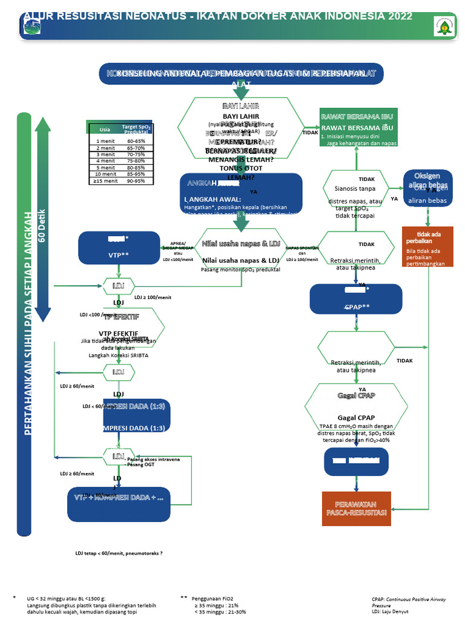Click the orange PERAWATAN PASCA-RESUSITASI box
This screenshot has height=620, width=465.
[x=357, y=509]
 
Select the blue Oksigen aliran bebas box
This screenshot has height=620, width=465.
[x=427, y=188]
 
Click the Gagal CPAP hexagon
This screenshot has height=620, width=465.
[x=357, y=413]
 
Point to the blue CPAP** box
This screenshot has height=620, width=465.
[x=356, y=299]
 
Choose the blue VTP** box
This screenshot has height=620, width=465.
[x=119, y=248]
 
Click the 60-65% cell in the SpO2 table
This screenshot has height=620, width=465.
[x=136, y=141]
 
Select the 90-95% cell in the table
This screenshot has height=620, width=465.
[x=136, y=181]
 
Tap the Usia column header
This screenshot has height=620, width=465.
[x=105, y=129]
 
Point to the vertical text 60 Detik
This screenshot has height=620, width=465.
[x=42, y=226]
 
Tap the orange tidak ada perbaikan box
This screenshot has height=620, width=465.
[x=428, y=248]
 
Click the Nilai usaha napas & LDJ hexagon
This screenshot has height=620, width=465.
[x=241, y=252]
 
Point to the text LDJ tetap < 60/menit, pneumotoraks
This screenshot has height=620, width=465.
[x=119, y=553]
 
